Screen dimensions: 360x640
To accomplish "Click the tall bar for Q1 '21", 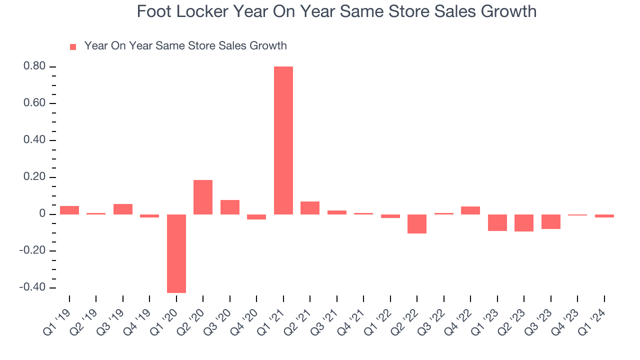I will (x=283, y=140).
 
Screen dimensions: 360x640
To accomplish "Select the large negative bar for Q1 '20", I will (x=176, y=253).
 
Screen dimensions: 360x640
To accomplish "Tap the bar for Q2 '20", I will (x=203, y=197).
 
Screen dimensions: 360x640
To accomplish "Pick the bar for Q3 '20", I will (x=230, y=207).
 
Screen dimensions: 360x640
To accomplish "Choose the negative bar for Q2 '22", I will (x=417, y=224).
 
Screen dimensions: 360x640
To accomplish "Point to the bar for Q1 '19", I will (x=69, y=210).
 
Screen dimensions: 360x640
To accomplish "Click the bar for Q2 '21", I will (x=310, y=208).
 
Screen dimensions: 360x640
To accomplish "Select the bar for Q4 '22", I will (x=470, y=210).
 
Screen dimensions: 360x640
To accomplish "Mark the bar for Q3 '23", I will (x=550, y=221).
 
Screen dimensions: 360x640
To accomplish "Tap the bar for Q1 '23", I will (x=497, y=222).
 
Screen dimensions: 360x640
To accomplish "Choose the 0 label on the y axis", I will (x=42, y=214).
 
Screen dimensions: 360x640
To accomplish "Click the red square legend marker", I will (x=73, y=46).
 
